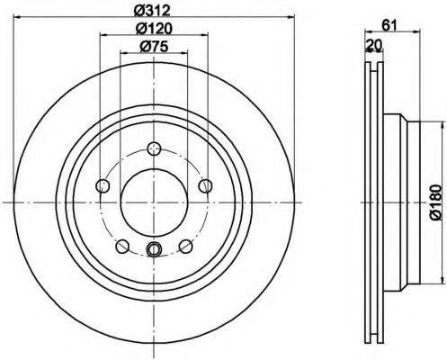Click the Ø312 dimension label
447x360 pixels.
(152, 10)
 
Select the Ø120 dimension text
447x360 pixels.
(154, 29)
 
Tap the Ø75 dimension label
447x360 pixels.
(154, 46)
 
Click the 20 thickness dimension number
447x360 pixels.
(374, 45)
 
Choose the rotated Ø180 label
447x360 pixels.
(436, 202)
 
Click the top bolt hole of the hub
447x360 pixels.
(154, 148)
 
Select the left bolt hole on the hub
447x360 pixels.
(103, 186)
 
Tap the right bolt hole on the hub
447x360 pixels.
(206, 186)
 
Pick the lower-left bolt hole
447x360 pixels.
(122, 247)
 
